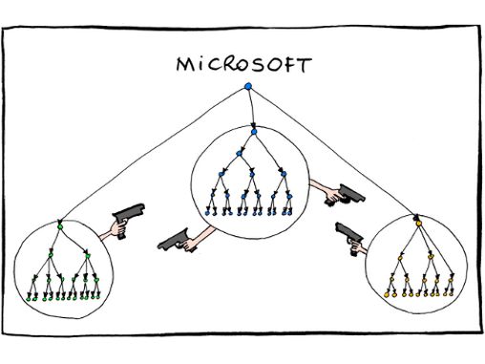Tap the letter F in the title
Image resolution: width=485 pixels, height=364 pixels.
[x=291, y=65]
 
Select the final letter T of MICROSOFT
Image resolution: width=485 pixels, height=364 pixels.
[x=306, y=65]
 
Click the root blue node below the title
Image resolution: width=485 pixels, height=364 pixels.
[x=247, y=88]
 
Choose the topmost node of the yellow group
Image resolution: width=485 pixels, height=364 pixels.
[x=417, y=220]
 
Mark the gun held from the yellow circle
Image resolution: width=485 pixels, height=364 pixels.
[x=348, y=233]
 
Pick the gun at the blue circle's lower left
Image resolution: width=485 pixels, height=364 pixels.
[x=172, y=238]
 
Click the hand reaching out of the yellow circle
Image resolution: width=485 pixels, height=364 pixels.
[x=359, y=247]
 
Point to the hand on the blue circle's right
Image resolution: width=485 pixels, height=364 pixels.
[x=330, y=198]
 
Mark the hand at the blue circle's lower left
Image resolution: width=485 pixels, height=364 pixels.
[x=191, y=245]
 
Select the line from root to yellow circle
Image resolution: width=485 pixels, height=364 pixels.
[x=334, y=153]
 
